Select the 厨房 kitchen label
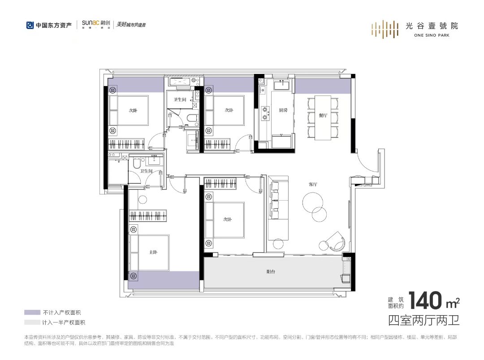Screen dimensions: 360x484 (x=283, y=110)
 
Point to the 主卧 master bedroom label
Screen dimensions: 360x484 (x=153, y=253)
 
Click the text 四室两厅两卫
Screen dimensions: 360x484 (x=423, y=320)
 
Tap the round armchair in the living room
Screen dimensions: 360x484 (x=334, y=242)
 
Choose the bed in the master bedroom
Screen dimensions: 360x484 (x=152, y=252)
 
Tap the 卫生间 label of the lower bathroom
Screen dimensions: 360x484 (x=147, y=171)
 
